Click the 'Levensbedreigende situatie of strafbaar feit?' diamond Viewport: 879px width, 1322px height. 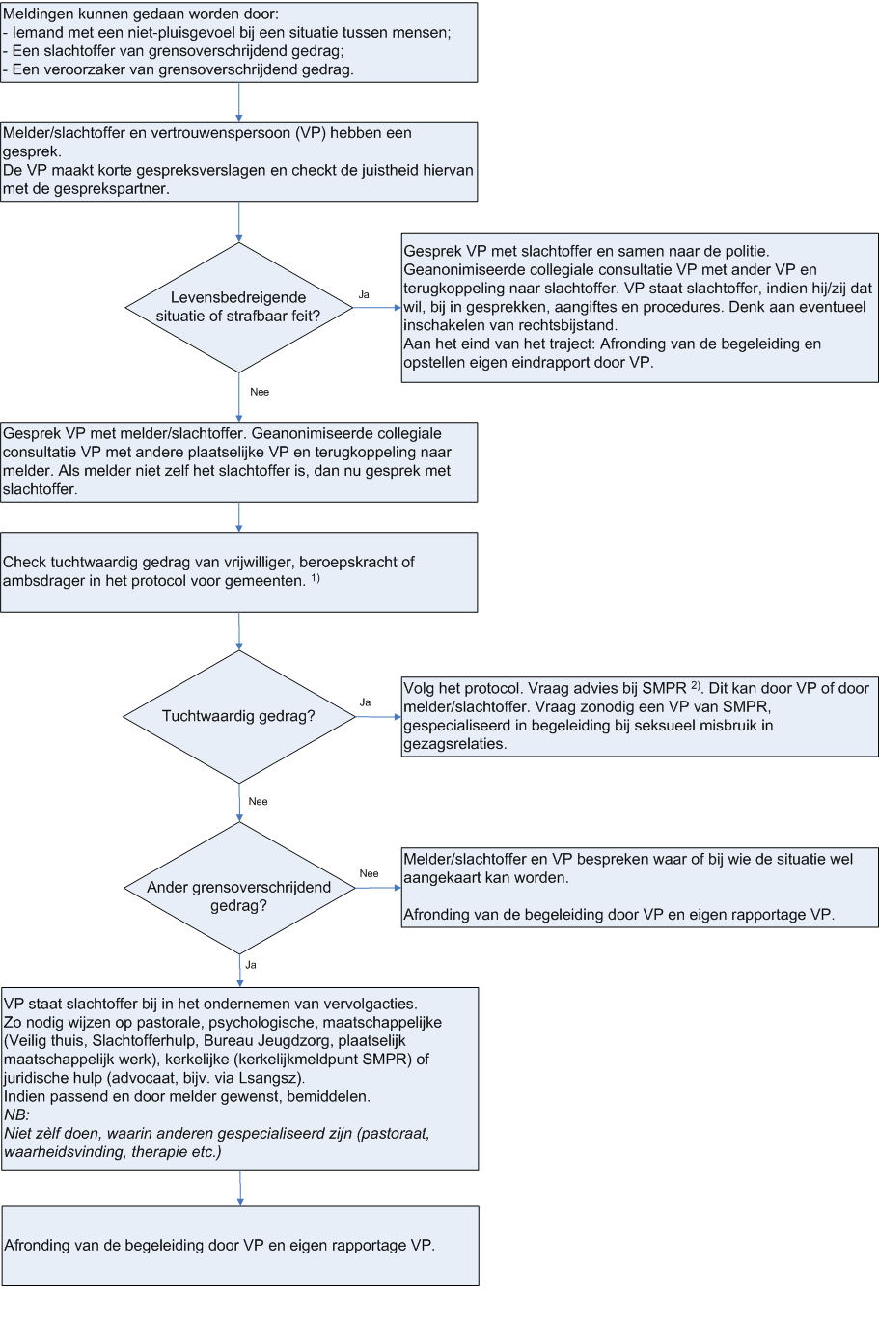point(239,308)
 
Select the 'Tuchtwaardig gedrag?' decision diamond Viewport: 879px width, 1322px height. point(239,716)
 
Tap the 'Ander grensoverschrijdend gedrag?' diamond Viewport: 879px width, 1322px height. point(239,888)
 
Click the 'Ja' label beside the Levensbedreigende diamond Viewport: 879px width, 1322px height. point(364,294)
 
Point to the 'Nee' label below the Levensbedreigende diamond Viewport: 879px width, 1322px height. point(260,392)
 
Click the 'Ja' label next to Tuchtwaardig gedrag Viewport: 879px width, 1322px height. point(365,702)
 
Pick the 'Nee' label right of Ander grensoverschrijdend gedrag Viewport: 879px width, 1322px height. point(370,873)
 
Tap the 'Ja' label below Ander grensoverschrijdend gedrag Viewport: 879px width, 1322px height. point(251,965)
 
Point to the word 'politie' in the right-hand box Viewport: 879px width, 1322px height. point(745,252)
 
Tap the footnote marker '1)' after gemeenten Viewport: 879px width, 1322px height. point(316,578)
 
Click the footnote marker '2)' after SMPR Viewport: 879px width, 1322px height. point(696,685)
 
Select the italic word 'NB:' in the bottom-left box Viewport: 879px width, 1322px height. point(16,1115)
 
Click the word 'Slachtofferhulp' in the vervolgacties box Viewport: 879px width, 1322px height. point(144,1040)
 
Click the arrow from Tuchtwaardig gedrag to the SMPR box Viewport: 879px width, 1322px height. point(378,717)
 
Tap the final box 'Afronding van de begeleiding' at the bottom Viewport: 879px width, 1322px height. point(240,1246)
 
